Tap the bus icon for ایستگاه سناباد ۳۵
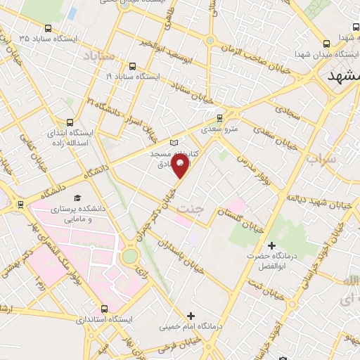[48, 29]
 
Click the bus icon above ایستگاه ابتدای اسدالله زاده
[68, 122]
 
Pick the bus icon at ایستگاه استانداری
[105, 308]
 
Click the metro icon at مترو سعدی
[219, 117]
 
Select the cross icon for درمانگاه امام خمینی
[191, 316]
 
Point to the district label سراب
[322, 160]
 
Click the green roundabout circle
[130, 256]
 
